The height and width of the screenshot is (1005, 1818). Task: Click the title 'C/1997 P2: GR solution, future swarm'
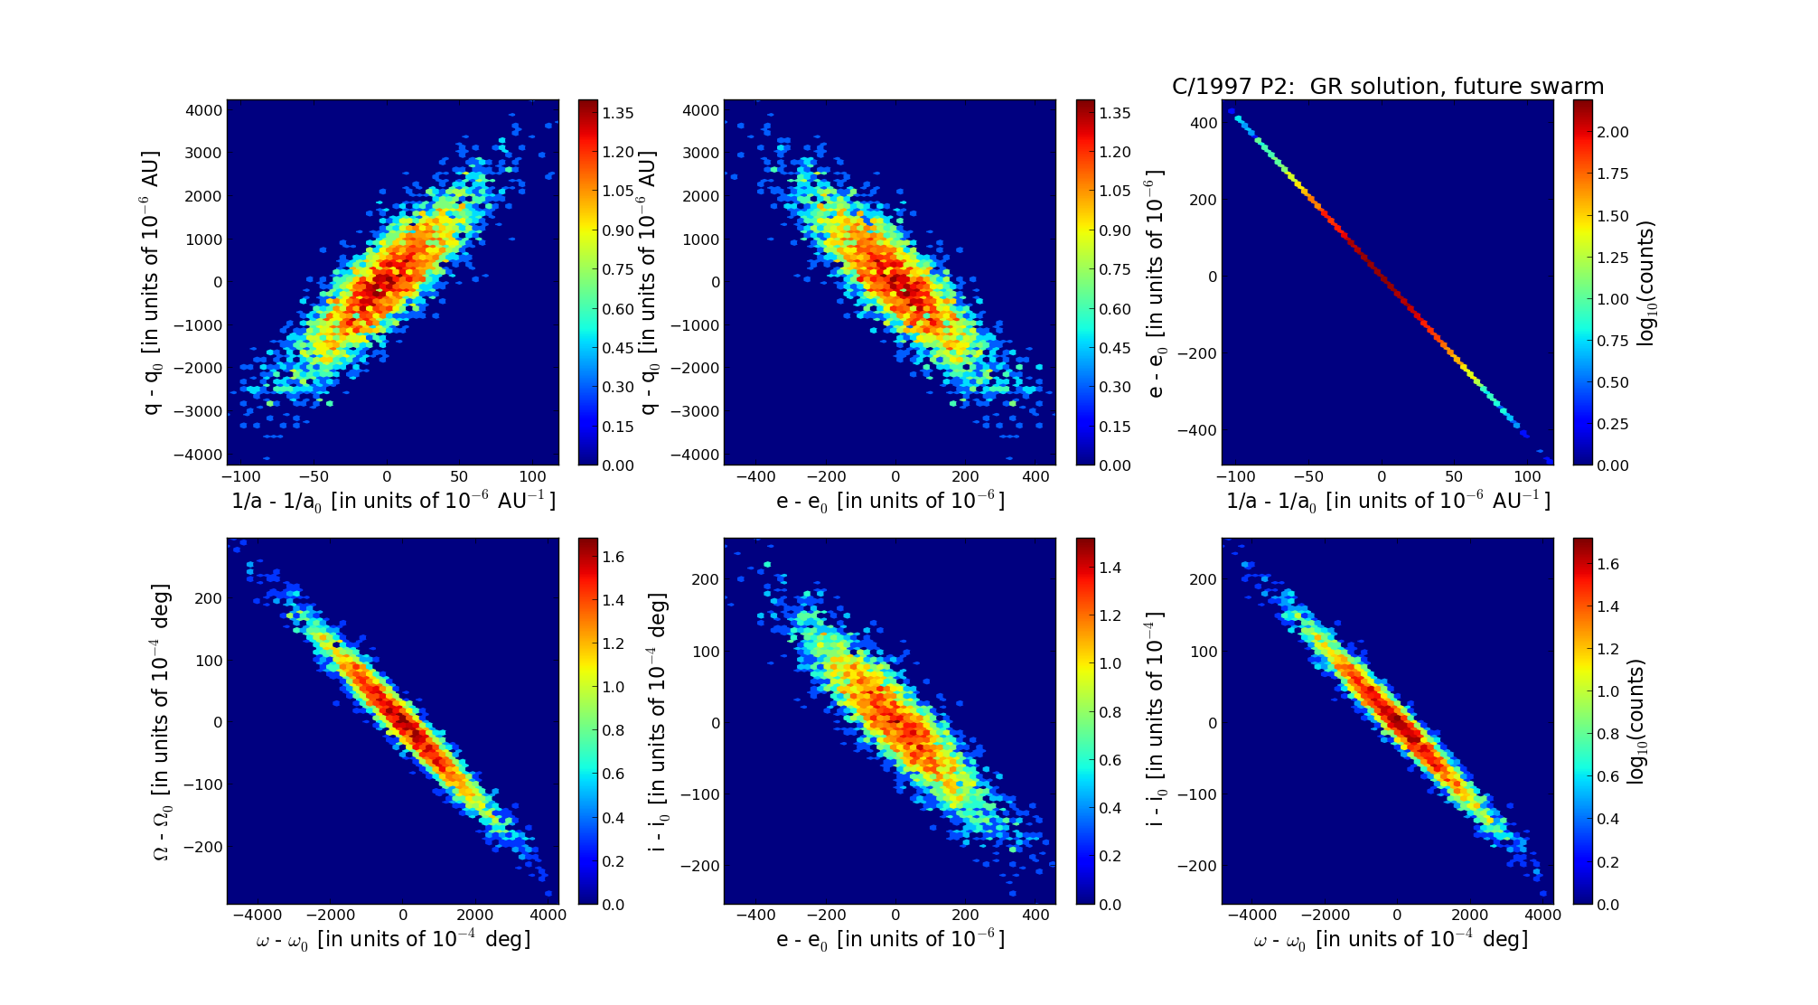[x=1387, y=87]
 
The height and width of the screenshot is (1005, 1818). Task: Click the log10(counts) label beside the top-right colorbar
[x=1646, y=283]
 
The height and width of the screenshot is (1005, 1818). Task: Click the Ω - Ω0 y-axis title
[x=162, y=721]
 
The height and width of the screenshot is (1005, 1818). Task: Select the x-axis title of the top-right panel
[x=1387, y=501]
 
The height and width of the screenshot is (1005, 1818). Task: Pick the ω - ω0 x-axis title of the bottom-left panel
[x=393, y=940]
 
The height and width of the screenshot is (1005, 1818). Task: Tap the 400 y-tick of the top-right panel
[x=1204, y=122]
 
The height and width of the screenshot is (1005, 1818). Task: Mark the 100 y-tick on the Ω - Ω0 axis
[x=209, y=661]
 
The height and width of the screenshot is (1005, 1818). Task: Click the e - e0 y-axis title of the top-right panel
[x=1156, y=283]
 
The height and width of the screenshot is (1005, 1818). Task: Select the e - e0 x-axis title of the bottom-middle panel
[x=890, y=940]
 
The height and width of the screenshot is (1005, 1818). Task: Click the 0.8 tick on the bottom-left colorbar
[x=614, y=730]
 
